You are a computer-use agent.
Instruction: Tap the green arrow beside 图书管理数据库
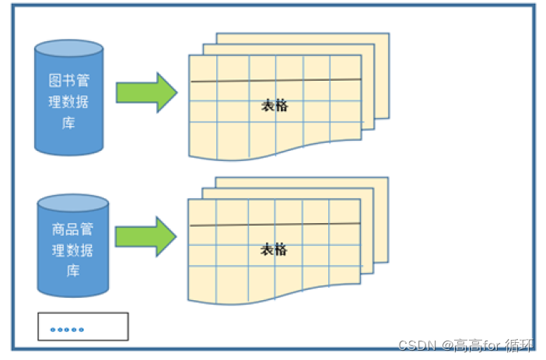click(146, 93)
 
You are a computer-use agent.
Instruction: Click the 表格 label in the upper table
click(275, 106)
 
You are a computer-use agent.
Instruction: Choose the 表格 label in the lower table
click(274, 250)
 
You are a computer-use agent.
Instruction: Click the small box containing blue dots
click(82, 327)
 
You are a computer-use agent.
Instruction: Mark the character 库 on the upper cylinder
click(68, 124)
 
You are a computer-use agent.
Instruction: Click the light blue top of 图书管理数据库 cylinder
click(68, 48)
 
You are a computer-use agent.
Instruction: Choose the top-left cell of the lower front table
click(203, 211)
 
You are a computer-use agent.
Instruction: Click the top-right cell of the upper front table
click(345, 67)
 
